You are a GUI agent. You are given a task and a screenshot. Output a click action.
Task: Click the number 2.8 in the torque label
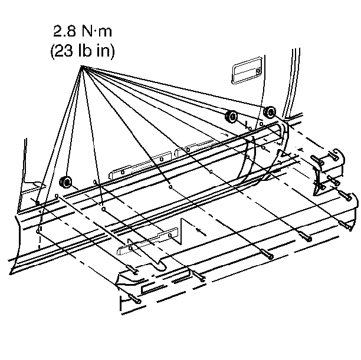point(65,29)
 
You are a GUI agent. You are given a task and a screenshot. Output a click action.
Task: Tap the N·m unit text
point(97,29)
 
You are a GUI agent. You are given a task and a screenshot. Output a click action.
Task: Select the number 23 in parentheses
point(61,51)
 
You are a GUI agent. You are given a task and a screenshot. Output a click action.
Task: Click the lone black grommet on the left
point(67,181)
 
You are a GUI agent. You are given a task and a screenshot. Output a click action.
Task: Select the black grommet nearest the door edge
point(271,113)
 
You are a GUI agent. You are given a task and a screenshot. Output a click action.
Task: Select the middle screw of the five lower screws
point(268,255)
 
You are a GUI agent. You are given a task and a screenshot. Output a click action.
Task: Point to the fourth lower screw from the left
point(306,237)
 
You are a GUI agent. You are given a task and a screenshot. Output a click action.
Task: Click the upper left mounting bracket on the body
point(141,164)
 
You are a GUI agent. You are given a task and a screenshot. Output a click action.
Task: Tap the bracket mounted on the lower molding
point(147,242)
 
